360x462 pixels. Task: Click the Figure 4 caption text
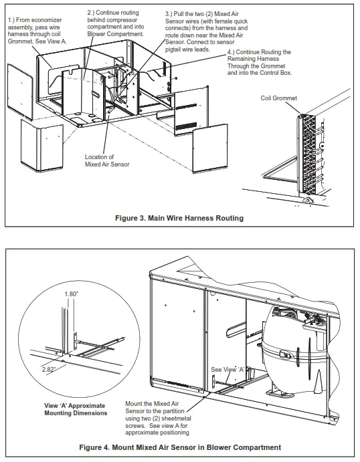coord(180,447)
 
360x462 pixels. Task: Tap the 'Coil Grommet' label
coord(278,98)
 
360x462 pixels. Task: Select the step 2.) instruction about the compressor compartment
coord(116,23)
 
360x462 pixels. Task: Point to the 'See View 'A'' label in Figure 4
coord(225,369)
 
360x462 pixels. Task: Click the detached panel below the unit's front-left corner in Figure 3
coord(42,148)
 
